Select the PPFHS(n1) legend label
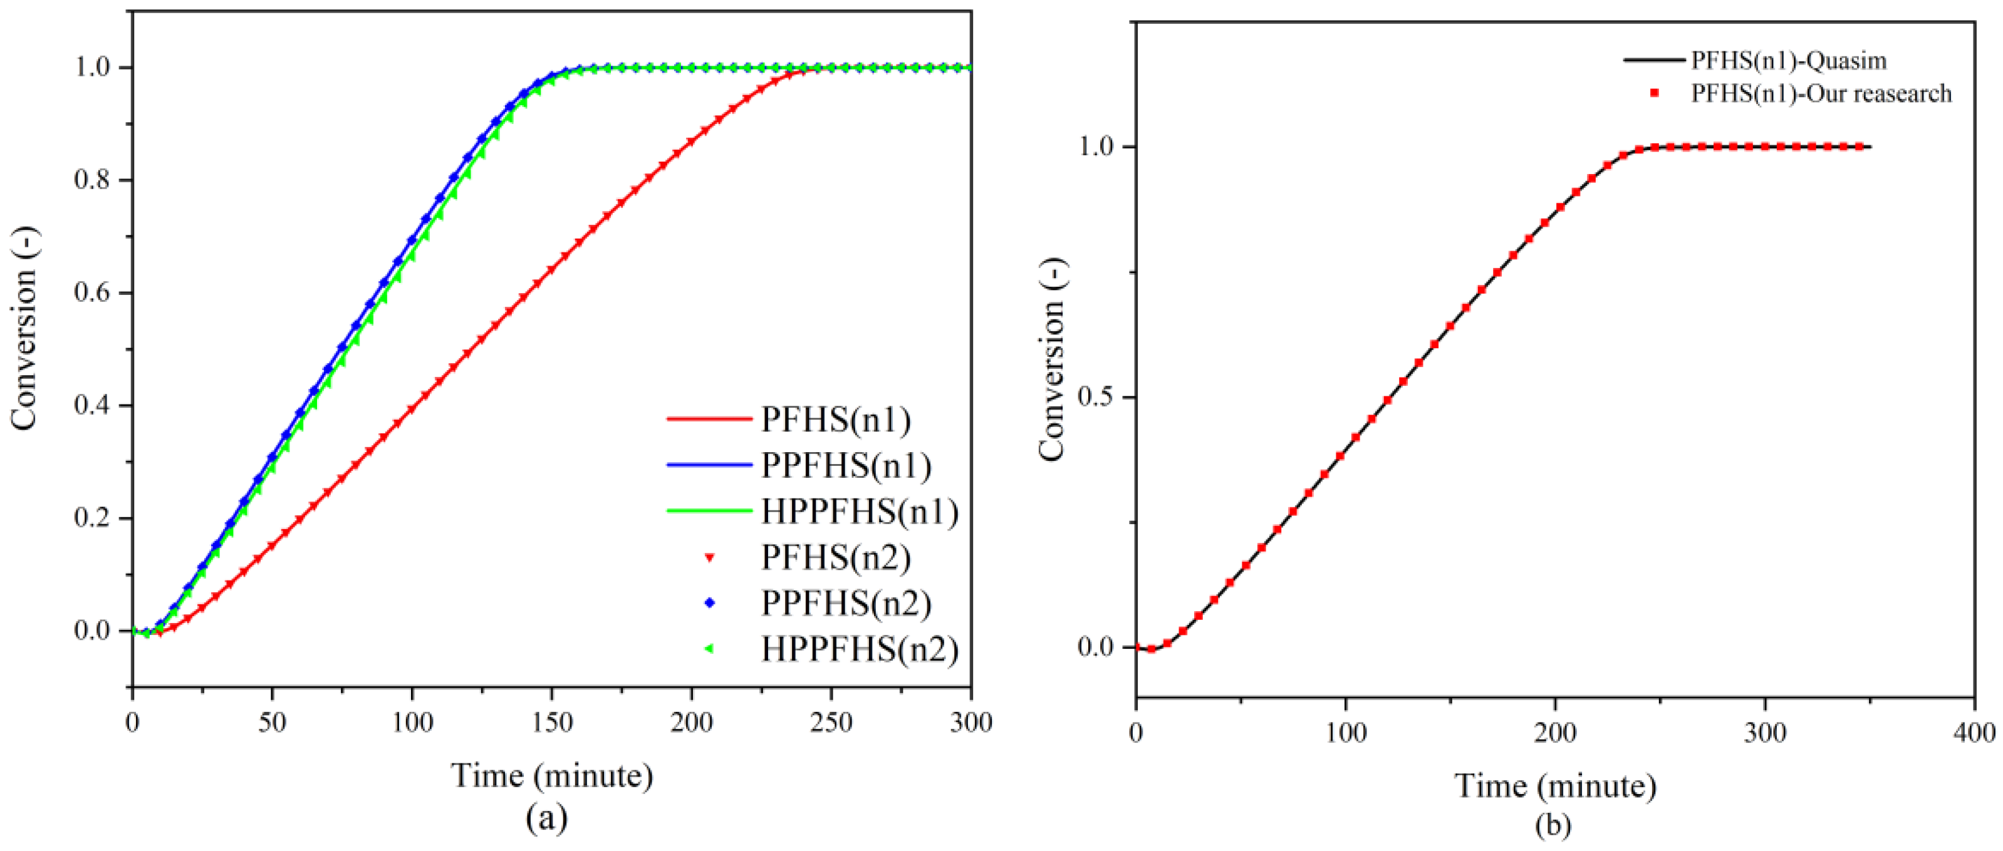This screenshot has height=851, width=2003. (845, 465)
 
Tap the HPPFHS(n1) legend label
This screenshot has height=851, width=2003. (858, 512)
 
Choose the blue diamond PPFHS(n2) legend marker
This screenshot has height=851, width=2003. (709, 603)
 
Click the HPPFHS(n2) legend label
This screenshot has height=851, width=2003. (858, 649)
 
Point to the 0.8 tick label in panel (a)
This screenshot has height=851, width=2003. (91, 180)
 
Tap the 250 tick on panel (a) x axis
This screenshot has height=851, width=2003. (831, 723)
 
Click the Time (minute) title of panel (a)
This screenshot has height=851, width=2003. (551, 775)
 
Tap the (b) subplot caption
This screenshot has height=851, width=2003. (1553, 824)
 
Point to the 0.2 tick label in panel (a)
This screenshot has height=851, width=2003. (91, 518)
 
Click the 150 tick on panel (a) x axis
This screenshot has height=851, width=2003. (551, 723)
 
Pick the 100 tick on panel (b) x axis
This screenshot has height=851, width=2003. (1345, 732)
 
